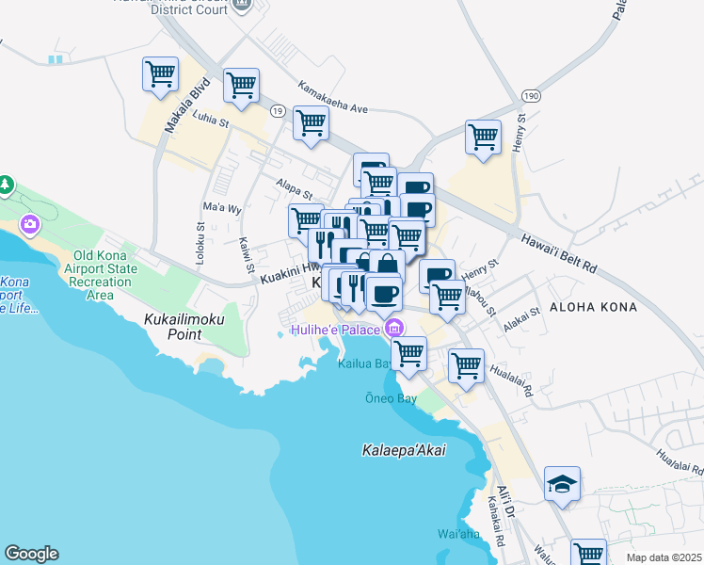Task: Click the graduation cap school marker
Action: tap(562, 484)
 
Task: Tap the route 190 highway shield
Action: tap(532, 97)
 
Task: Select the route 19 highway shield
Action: tap(277, 110)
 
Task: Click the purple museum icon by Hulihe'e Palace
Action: tap(393, 328)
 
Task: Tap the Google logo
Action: tap(31, 553)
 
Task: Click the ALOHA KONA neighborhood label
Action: tap(593, 308)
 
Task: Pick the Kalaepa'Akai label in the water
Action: tap(404, 451)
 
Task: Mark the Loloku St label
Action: tap(200, 241)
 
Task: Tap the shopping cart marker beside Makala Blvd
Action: tap(161, 74)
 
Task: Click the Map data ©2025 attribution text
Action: tap(663, 557)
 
